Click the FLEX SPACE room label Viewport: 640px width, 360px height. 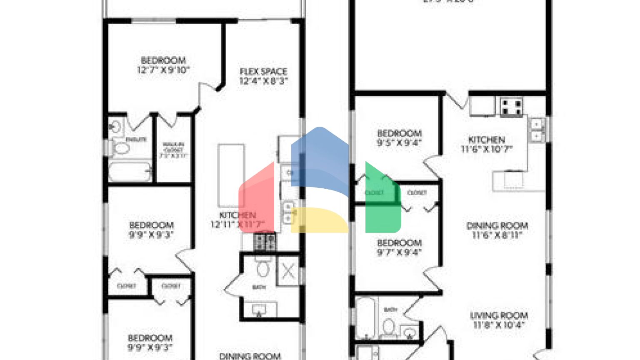pos(263,71)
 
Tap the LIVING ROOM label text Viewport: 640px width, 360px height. pos(499,315)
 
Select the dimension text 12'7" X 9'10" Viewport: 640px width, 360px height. pos(163,70)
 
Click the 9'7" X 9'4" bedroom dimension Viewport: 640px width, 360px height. pos(399,252)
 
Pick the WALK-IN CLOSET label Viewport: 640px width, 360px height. pos(173,150)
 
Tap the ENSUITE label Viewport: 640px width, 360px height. pos(136,140)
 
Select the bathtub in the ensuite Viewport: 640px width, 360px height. pos(130,172)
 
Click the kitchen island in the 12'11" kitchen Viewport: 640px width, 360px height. pos(231,175)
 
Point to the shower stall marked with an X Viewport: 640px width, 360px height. pos(288,272)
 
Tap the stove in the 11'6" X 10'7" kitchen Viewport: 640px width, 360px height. pos(511,107)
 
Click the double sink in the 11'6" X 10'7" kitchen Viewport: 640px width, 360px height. pos(537,130)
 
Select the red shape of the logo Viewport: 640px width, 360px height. pos(256,198)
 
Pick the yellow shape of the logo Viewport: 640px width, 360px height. pos(319,220)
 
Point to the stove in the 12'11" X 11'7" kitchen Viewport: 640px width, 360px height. pos(265,241)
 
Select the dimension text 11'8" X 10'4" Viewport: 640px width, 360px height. pos(499,325)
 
